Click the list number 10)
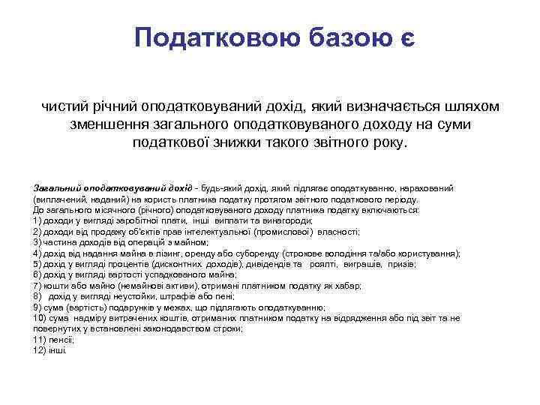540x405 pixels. point(41,318)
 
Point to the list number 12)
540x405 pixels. point(41,349)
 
